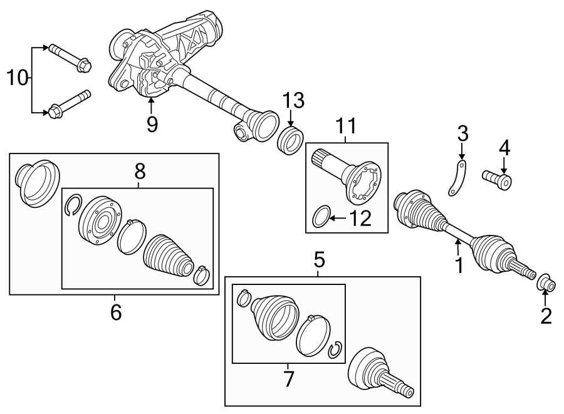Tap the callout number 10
pos(18,78)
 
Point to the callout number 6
pos(115,311)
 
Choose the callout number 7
pos(289,378)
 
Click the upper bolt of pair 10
pos(69,57)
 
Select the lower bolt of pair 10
pos(69,105)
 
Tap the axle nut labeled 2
pos(546,284)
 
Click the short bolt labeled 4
pos(498,179)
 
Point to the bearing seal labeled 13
pos(290,138)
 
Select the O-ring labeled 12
pos(320,217)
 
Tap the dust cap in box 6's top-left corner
pos(36,182)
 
